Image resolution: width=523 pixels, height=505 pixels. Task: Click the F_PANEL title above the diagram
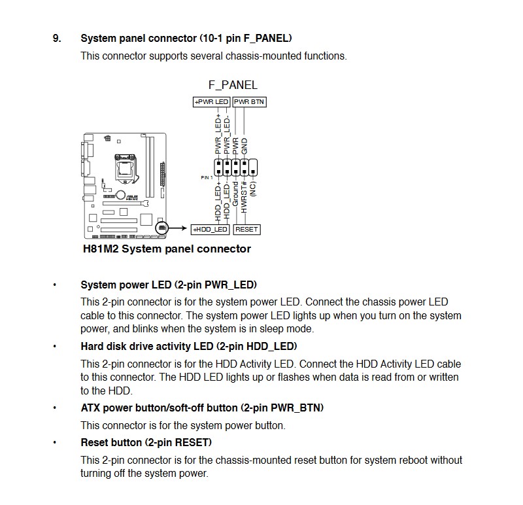tap(233, 85)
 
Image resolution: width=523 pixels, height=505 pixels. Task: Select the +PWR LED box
tap(211, 102)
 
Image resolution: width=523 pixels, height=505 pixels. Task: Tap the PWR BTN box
tap(249, 102)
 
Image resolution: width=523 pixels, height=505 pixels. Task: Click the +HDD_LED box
tap(210, 230)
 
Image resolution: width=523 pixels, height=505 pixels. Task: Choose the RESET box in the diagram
tap(246, 230)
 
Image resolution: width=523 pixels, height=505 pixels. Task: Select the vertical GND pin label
tap(245, 146)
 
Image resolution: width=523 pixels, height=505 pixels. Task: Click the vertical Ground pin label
tap(236, 196)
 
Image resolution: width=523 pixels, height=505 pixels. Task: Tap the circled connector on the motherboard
tap(162, 228)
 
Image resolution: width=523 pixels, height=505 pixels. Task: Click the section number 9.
tap(57, 38)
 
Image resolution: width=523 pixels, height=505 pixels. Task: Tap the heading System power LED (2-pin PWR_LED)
tap(169, 285)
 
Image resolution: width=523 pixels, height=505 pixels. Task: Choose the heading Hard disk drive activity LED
tap(188, 346)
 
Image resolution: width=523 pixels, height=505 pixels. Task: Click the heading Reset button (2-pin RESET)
tap(146, 443)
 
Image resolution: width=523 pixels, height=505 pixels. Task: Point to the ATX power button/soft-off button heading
tap(202, 408)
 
